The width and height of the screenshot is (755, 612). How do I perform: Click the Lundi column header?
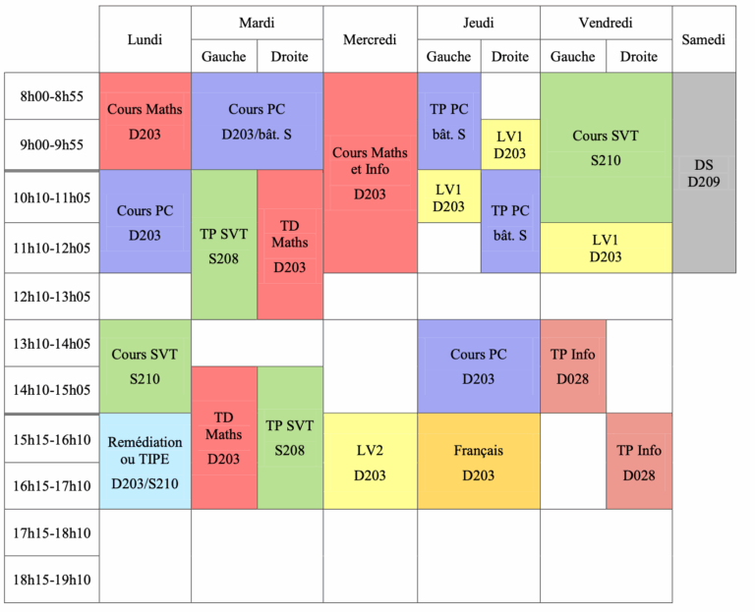click(x=145, y=39)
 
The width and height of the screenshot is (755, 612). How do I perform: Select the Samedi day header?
click(x=703, y=39)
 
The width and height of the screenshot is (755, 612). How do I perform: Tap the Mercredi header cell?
click(x=370, y=39)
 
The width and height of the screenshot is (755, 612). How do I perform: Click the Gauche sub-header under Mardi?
click(x=223, y=56)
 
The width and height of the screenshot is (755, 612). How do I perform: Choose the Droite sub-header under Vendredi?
click(x=639, y=56)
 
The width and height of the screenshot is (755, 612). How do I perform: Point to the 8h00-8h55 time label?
click(x=51, y=96)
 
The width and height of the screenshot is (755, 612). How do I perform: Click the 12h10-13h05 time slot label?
click(x=51, y=297)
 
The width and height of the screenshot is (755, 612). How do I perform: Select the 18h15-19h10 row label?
click(x=51, y=580)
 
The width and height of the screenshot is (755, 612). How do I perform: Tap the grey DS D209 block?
click(x=704, y=173)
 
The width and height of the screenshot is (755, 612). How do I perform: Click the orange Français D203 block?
click(x=479, y=462)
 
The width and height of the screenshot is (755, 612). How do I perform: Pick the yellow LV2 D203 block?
click(x=370, y=462)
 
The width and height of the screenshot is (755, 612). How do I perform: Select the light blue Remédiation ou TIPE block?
click(x=145, y=462)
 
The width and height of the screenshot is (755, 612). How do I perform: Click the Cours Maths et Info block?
click(x=370, y=173)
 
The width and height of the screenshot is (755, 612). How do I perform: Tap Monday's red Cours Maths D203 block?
click(x=145, y=121)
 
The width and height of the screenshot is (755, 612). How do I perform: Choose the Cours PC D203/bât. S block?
click(x=257, y=121)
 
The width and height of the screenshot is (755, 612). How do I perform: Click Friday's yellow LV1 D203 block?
click(x=606, y=248)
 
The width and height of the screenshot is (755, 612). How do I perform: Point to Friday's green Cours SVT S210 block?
click(x=606, y=147)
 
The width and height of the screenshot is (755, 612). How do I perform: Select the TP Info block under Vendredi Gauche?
click(x=573, y=366)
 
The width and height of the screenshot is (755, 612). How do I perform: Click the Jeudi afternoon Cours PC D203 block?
click(x=479, y=366)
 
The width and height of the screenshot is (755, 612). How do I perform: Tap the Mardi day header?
click(x=257, y=23)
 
